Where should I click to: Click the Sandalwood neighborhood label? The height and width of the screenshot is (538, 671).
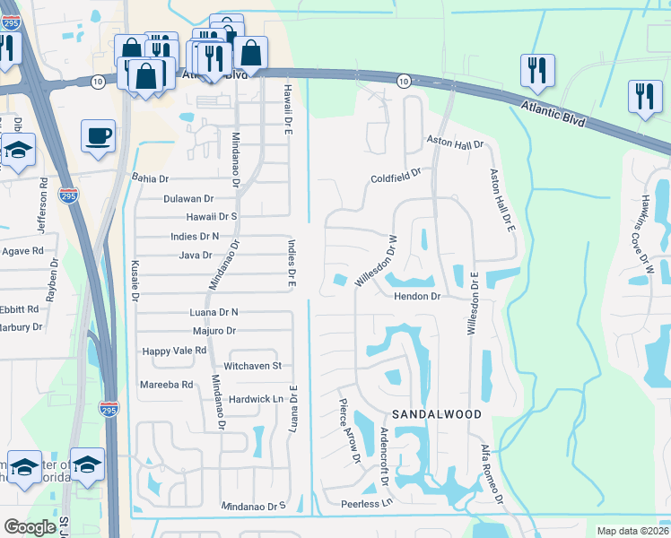click(437, 414)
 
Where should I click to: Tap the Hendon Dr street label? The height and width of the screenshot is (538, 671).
click(417, 296)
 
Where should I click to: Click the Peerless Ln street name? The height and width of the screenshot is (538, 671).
click(367, 505)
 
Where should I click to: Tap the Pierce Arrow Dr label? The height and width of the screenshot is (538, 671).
click(348, 431)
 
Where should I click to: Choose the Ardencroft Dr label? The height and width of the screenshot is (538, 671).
click(383, 455)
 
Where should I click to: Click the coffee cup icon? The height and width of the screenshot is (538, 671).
click(98, 136)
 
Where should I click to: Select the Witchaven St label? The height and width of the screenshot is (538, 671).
click(252, 366)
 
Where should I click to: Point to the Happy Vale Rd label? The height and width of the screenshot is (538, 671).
click(174, 351)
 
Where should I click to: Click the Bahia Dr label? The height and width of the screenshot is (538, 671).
click(150, 178)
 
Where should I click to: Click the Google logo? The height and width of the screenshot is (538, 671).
click(30, 527)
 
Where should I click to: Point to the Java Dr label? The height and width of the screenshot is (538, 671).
click(195, 256)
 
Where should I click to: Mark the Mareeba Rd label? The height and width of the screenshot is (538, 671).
click(166, 385)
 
